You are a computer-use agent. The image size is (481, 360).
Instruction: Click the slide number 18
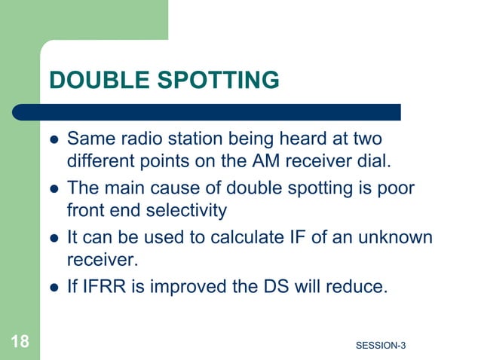[20, 343]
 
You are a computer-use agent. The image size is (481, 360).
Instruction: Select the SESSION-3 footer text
[380, 346]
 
